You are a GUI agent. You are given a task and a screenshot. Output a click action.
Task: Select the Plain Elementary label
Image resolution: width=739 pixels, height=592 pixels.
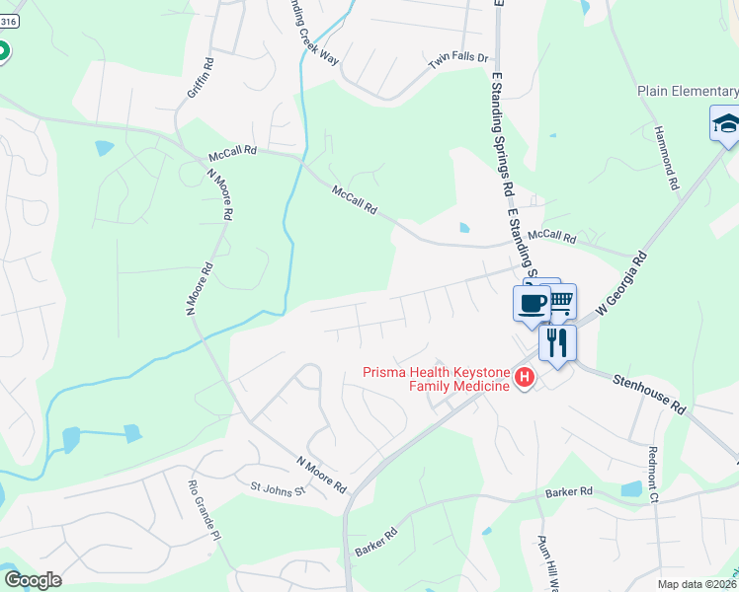tap(688, 92)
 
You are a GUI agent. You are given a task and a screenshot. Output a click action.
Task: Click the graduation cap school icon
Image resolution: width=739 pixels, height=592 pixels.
tap(725, 124)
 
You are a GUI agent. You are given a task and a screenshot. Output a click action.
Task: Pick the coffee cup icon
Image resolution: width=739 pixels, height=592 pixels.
tap(531, 301)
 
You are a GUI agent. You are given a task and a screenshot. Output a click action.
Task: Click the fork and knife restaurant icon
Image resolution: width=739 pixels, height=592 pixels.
tap(557, 341)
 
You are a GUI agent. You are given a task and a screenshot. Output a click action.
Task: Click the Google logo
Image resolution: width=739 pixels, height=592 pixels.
tap(32, 580)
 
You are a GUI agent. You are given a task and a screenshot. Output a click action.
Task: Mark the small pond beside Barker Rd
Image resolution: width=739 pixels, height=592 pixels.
tap(631, 488)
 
